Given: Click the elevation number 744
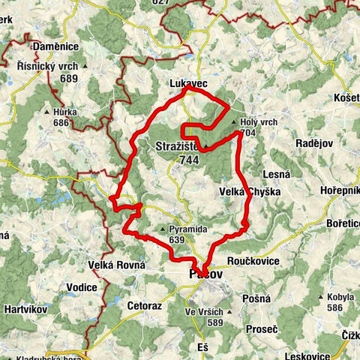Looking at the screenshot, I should point(189,159).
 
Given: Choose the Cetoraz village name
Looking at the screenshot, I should point(145,306).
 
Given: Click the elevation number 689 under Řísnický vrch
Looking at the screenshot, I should point(70,78).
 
